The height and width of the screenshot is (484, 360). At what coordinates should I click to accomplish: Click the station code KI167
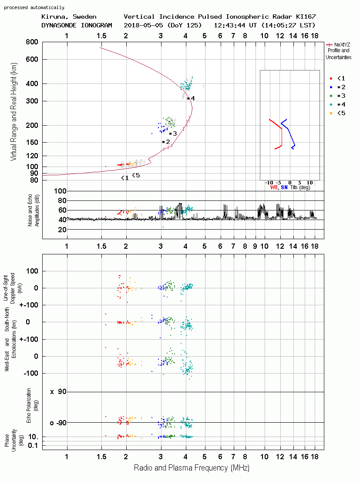click(x=306, y=17)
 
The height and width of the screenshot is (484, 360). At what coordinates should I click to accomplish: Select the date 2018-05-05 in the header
click(x=144, y=25)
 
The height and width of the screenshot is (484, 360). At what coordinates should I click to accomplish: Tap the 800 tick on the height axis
click(x=32, y=42)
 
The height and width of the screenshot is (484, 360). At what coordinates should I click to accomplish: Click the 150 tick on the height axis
click(x=32, y=142)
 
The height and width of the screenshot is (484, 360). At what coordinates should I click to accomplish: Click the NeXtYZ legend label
click(x=342, y=45)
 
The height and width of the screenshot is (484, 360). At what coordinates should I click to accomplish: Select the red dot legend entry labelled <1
click(x=337, y=78)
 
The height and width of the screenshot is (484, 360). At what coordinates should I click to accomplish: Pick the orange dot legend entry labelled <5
click(x=337, y=113)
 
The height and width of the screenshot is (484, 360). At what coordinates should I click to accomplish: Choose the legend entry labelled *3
click(x=337, y=96)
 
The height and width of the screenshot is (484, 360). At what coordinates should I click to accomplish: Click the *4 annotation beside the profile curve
click(x=191, y=98)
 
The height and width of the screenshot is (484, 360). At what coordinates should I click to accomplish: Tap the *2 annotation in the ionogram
click(x=166, y=142)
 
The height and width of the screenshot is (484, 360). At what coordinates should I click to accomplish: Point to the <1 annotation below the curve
click(x=125, y=178)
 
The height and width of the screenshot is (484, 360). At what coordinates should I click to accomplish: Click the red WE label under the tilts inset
click(x=274, y=187)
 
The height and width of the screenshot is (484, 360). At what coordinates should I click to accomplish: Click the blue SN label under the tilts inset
click(x=284, y=187)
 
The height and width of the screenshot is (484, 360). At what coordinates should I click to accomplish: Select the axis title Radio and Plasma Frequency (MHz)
click(x=192, y=468)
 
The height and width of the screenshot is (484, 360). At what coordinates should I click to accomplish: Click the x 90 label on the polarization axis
click(x=58, y=392)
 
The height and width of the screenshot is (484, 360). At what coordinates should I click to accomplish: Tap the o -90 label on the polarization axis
click(x=58, y=423)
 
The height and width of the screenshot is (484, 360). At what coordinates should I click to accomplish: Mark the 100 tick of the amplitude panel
click(x=60, y=191)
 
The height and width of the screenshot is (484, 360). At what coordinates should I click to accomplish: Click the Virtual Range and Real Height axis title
click(x=14, y=112)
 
